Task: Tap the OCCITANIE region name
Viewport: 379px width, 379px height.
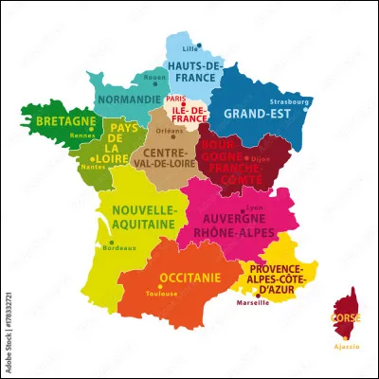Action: pyautogui.click(x=189, y=277)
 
